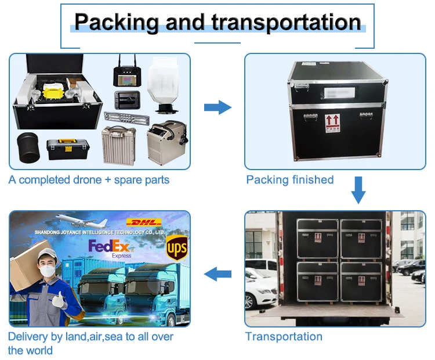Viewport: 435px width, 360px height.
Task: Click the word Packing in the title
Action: click(x=116, y=22)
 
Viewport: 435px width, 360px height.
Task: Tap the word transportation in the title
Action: click(x=286, y=22)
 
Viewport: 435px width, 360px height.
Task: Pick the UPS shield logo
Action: click(x=176, y=249)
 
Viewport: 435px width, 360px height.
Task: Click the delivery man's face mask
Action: click(x=46, y=271)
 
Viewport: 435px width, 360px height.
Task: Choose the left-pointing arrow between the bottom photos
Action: click(x=217, y=272)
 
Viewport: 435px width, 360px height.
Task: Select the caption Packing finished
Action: click(x=290, y=179)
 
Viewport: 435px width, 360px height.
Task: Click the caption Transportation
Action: click(x=284, y=336)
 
